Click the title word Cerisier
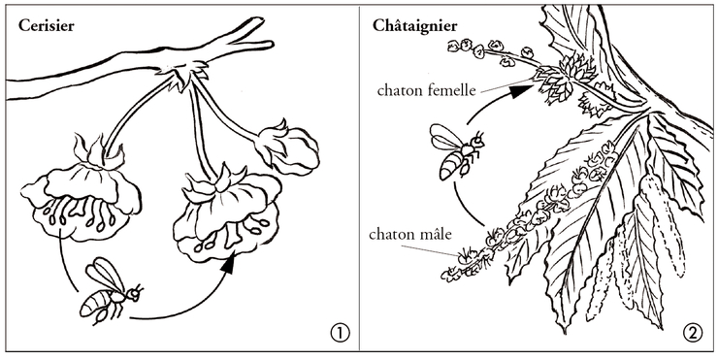tap(46, 26)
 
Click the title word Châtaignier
tap(415, 25)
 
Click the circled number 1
tap(339, 333)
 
